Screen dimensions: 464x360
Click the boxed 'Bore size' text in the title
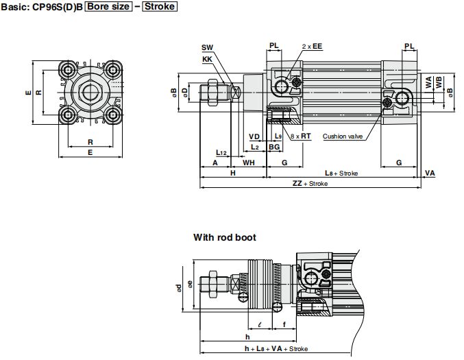click(108, 6)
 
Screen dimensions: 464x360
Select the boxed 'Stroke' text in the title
click(160, 6)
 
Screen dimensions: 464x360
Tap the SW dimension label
click(207, 47)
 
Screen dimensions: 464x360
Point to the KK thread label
click(207, 59)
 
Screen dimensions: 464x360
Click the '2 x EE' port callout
click(312, 46)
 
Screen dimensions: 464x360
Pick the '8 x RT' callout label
click(301, 136)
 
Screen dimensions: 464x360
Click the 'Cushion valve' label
click(343, 136)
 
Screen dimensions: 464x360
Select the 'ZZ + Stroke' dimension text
click(310, 184)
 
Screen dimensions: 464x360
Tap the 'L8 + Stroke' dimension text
click(341, 173)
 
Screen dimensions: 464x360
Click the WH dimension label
click(249, 163)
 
